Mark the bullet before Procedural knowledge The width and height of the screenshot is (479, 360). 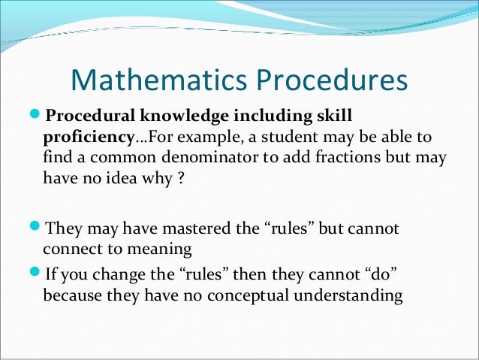pos(37,116)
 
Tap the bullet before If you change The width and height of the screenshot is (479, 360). pos(37,274)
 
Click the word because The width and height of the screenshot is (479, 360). pos(73,295)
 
